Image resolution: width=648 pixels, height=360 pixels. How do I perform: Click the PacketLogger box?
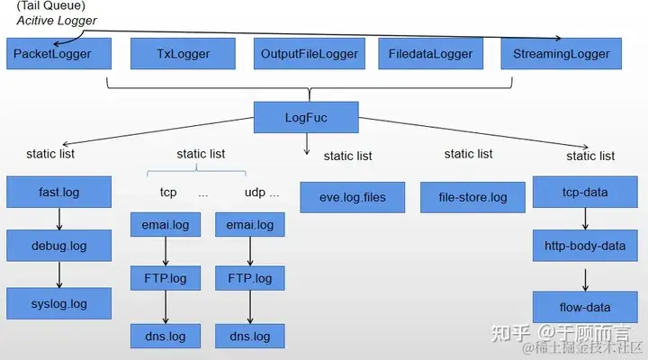60,54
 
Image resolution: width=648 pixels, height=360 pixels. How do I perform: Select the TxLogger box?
183,54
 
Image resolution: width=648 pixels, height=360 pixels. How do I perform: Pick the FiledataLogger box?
430,54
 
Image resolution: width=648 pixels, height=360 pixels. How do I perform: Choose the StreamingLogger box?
562,54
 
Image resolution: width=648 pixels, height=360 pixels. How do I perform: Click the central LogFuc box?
307,118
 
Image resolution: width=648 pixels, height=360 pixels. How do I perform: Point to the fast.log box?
59,193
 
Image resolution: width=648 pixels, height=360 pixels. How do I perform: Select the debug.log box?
59,246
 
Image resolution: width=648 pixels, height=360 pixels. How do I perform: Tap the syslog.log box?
59,303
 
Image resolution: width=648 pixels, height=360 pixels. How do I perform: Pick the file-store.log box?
472,197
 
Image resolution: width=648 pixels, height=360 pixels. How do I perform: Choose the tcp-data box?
585,193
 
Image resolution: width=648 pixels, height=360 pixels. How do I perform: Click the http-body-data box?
585,246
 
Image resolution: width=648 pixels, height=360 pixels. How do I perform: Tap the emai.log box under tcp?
165,225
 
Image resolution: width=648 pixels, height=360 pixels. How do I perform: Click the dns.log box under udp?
250,337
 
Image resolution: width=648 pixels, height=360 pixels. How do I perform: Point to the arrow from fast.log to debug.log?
59,219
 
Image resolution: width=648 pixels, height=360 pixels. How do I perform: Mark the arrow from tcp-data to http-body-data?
586,219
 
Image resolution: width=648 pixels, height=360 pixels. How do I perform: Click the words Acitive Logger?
50,21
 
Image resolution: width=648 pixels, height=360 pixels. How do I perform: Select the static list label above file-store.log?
469,155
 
